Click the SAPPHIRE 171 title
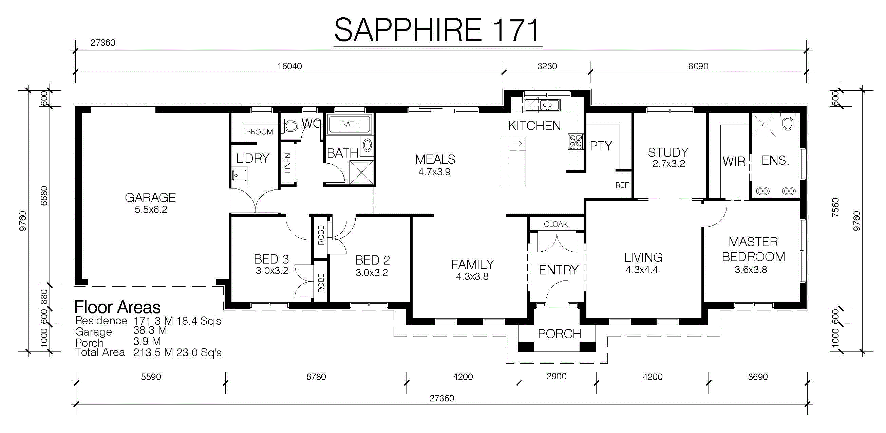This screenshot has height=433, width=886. [x=437, y=30]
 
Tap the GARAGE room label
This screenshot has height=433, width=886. [x=150, y=198]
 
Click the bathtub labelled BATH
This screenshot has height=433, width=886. [x=350, y=124]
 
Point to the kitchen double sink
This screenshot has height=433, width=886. [x=550, y=105]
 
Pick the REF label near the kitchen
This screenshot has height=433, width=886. [x=622, y=185]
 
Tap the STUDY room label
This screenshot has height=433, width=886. [x=668, y=152]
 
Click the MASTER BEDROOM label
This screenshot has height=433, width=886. [x=753, y=249]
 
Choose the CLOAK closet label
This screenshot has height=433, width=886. [x=555, y=224]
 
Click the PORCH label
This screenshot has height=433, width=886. [x=559, y=334]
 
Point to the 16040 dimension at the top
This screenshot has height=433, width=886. [x=289, y=66]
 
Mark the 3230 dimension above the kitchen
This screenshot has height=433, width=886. [x=547, y=66]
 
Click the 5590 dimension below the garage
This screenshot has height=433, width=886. [x=151, y=377]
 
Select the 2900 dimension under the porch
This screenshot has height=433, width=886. [x=556, y=376]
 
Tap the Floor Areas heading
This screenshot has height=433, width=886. [x=117, y=307]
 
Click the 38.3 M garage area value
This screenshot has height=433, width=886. [x=150, y=330]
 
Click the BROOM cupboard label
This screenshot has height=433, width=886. [x=259, y=132]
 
